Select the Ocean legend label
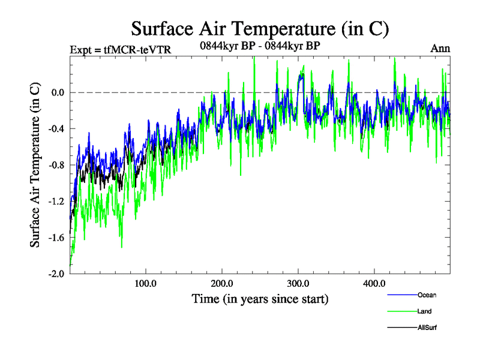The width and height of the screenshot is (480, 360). pyautogui.click(x=427, y=295)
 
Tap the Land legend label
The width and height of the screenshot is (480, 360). pyautogui.click(x=425, y=311)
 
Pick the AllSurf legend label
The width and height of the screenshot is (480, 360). pyautogui.click(x=428, y=328)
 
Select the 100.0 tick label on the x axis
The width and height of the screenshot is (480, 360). pyautogui.click(x=146, y=283)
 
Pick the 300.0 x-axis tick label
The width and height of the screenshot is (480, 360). pyautogui.click(x=298, y=283)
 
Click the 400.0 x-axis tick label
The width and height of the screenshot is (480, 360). pyautogui.click(x=374, y=283)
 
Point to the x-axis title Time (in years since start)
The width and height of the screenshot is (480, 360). pyautogui.click(x=260, y=298)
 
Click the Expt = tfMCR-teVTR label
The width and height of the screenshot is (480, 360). pyautogui.click(x=121, y=49)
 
